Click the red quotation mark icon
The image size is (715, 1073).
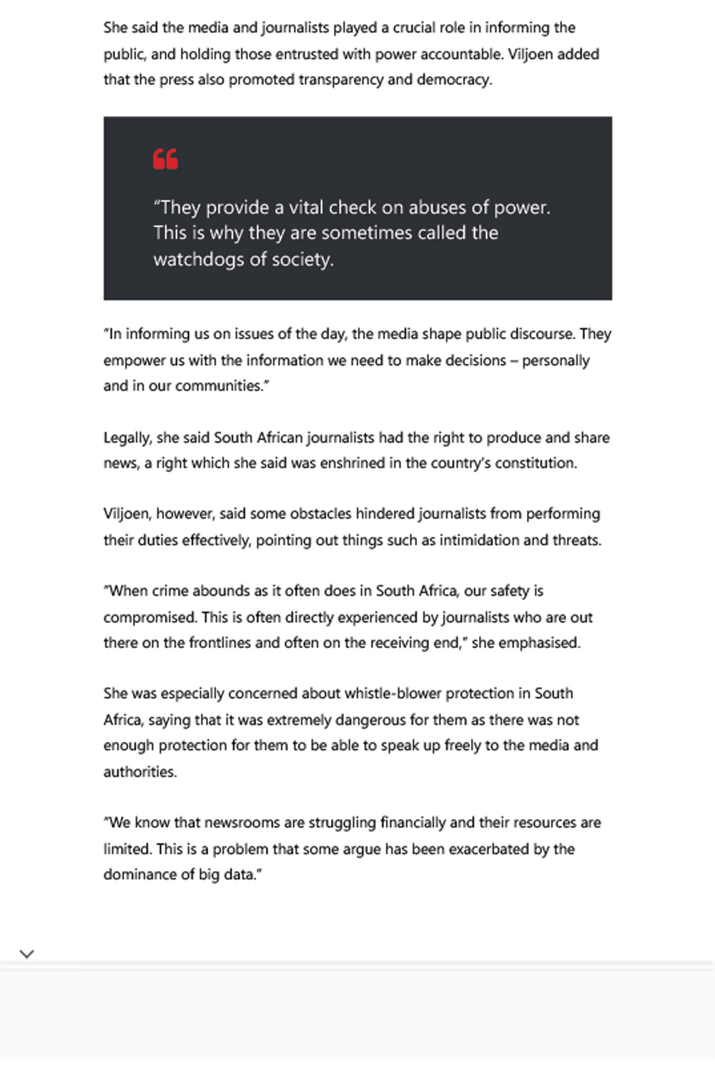(165, 159)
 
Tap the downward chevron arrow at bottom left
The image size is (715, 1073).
(27, 954)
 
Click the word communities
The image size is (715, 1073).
(221, 386)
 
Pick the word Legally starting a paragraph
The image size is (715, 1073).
(127, 438)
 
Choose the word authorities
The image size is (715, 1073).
(139, 772)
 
